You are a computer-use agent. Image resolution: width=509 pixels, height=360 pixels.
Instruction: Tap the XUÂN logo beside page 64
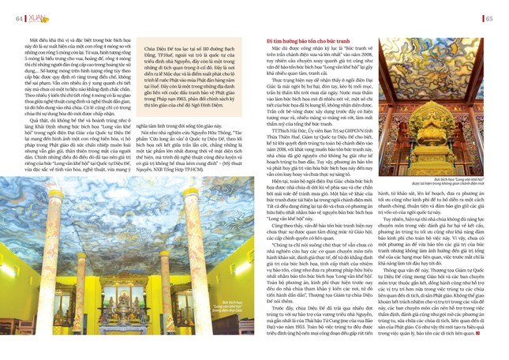point(35,17)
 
